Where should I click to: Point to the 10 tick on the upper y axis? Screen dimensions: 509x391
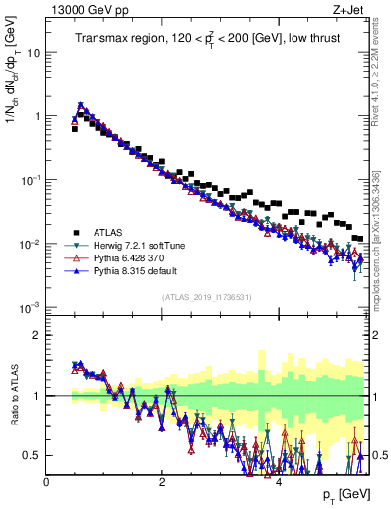[34, 53]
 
